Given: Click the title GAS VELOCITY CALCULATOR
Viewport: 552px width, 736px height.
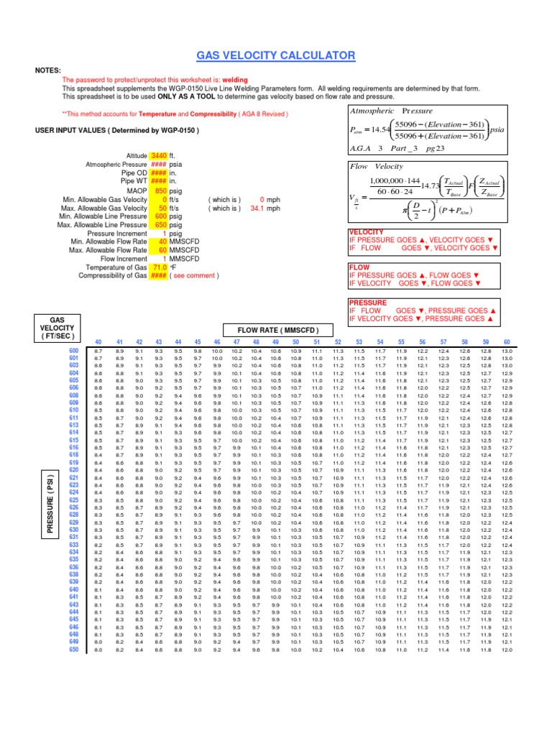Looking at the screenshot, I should pos(276,55).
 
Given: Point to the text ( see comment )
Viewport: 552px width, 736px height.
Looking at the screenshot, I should pos(195,275).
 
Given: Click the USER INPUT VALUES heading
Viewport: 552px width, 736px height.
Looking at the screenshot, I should pos(117,130).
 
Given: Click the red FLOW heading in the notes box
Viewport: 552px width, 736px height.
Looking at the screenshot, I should pos(359,267).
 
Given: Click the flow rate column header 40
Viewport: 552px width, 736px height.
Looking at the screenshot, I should pos(98,341).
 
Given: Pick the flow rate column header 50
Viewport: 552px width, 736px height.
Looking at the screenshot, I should pos(295,341).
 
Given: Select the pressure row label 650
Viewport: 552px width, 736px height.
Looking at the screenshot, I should pos(73,650).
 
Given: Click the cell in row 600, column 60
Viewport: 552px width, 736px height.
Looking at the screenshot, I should pos(507,350).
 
